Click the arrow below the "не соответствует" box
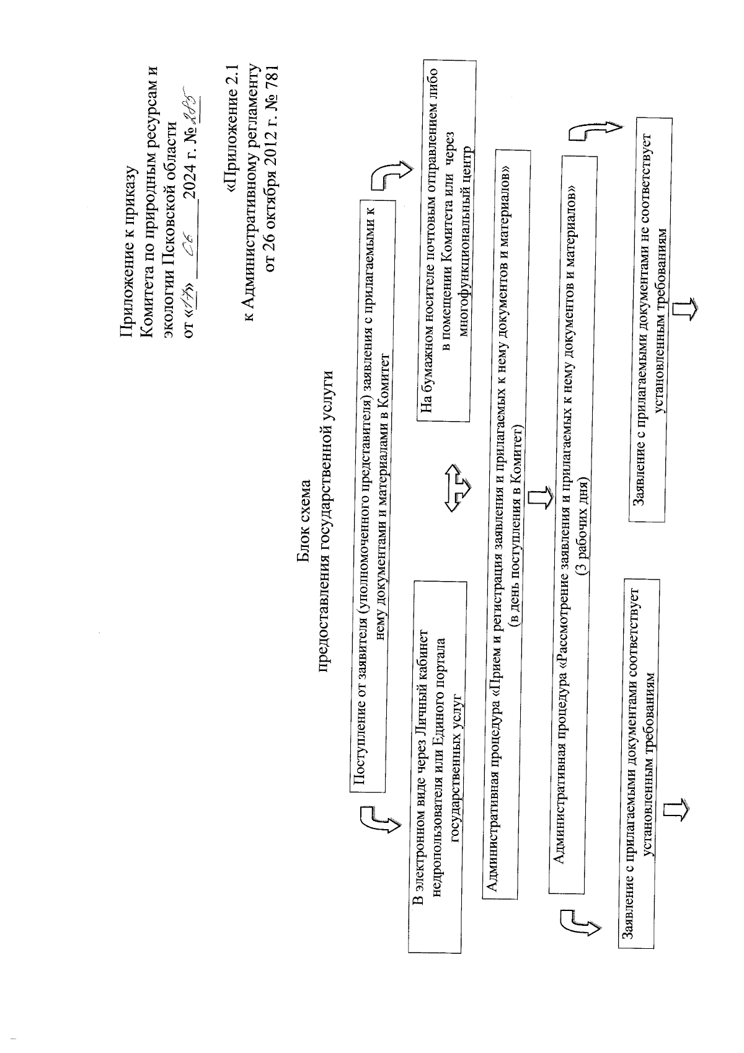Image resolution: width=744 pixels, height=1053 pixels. tap(687, 309)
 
